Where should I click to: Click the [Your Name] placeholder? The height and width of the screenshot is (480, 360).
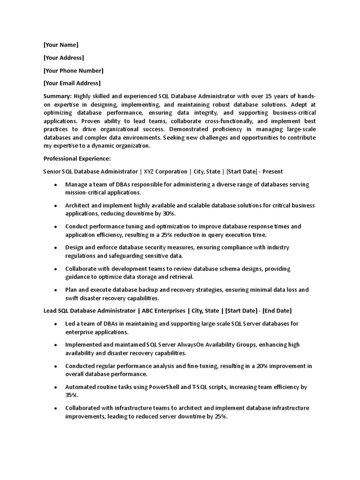coord(61,45)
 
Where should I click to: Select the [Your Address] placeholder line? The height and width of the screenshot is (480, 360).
coord(64,58)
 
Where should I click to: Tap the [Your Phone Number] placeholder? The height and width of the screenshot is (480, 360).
coord(73,71)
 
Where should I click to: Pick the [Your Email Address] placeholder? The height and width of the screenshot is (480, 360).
coord(72,83)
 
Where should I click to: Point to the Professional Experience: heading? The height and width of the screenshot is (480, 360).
coord(77,158)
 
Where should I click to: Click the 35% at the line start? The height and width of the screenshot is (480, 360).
coord(72,395)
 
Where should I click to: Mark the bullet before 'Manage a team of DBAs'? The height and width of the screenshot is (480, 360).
coord(56,185)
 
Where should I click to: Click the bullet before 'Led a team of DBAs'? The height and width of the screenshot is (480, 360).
coord(56,324)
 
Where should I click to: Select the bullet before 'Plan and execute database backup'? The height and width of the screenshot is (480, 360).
coord(56,290)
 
